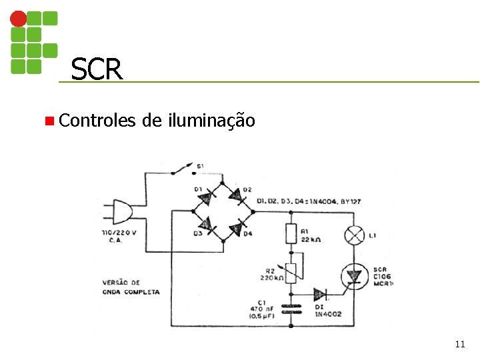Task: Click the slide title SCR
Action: [97, 69]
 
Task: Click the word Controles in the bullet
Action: [97, 121]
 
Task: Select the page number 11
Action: [459, 344]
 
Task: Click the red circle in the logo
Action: [19, 18]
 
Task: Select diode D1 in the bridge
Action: [208, 196]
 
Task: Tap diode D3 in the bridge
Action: [208, 227]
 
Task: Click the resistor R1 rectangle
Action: [291, 233]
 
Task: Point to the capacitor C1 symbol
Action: [291, 309]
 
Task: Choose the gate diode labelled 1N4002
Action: [320, 294]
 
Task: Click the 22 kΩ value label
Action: [312, 239]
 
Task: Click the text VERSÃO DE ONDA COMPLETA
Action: [131, 287]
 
